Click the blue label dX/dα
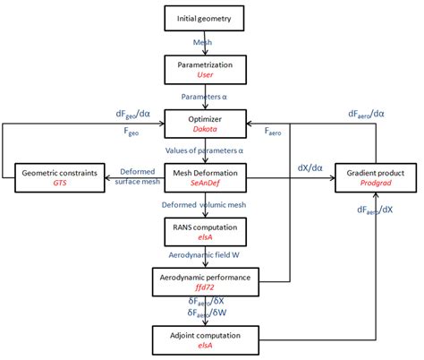309,166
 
